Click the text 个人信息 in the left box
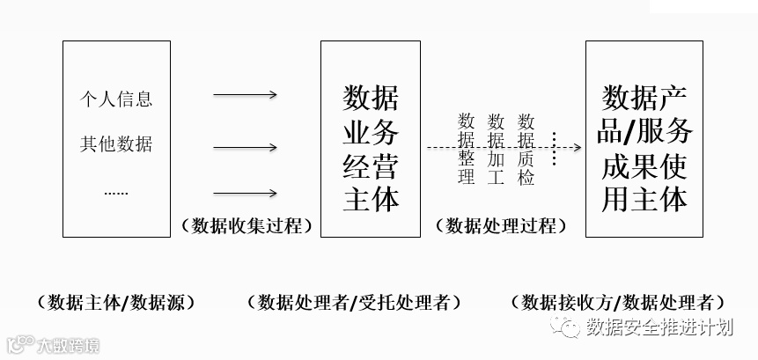(116, 99)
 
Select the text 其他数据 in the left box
(116, 144)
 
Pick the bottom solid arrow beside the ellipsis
(246, 194)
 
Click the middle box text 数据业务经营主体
(370, 147)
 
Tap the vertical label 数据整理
(467, 149)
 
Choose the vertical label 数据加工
(497, 149)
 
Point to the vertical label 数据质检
(526, 149)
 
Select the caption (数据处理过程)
(500, 225)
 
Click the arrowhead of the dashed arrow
(576, 148)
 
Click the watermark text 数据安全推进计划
(659, 328)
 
